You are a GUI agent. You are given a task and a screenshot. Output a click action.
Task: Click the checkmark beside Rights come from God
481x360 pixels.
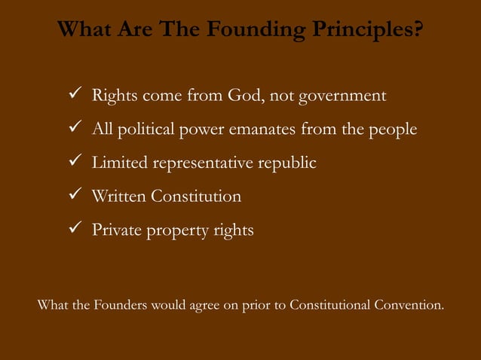(74, 96)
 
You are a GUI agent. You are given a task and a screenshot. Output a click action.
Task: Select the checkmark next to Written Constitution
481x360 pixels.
(74, 196)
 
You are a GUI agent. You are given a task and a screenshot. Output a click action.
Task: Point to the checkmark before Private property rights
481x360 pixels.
(74, 229)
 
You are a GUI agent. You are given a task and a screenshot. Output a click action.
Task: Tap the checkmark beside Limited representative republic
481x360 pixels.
(74, 163)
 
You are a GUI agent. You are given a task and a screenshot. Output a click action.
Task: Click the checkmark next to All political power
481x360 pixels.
(74, 130)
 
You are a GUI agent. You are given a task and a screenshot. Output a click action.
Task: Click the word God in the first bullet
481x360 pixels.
(240, 97)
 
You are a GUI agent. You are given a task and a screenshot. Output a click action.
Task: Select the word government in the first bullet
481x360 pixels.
(343, 97)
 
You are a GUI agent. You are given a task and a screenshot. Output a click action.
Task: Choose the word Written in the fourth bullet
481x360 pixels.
(118, 197)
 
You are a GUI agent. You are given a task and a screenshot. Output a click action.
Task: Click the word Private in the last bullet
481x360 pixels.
(115, 230)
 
